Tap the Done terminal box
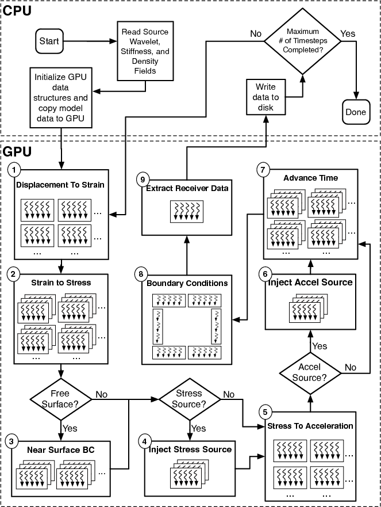point(356,112)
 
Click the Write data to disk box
point(265,97)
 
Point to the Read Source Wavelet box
point(145,51)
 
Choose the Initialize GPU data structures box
point(60,96)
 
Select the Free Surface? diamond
point(60,399)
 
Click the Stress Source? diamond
point(189,399)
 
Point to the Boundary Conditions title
point(187,283)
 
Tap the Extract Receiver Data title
point(187,189)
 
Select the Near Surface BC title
point(60,449)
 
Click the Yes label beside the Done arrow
point(348,33)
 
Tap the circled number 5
point(265,412)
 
